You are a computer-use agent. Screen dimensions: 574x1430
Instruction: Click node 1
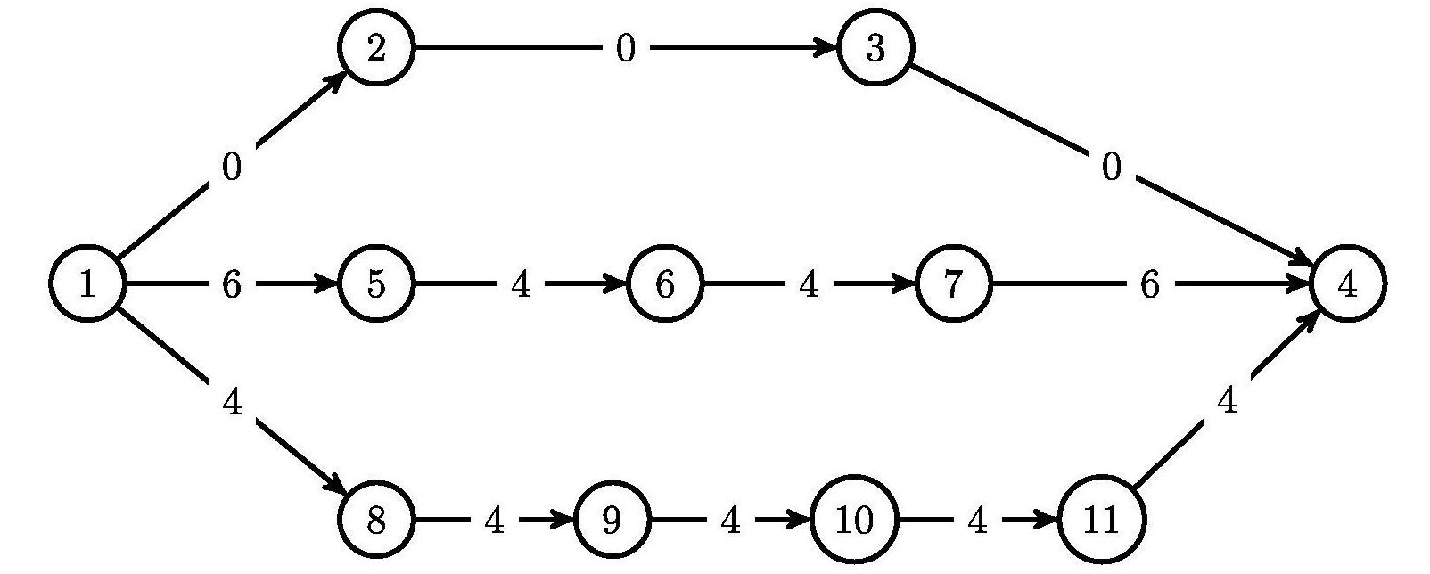click(86, 285)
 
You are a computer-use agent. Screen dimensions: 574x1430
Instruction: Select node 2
click(376, 48)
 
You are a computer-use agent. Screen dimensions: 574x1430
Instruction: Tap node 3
click(875, 48)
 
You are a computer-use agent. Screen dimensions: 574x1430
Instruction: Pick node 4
click(1347, 285)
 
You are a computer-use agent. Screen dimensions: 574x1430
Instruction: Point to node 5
click(376, 285)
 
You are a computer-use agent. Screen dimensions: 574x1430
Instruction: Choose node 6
click(665, 285)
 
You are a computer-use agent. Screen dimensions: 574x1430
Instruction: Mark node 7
click(953, 285)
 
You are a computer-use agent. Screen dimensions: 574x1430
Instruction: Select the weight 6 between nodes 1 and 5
click(231, 285)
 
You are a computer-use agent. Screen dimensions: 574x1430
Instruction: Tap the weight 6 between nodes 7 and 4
click(1149, 285)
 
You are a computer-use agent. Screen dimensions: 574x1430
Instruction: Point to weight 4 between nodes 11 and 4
click(1227, 403)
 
